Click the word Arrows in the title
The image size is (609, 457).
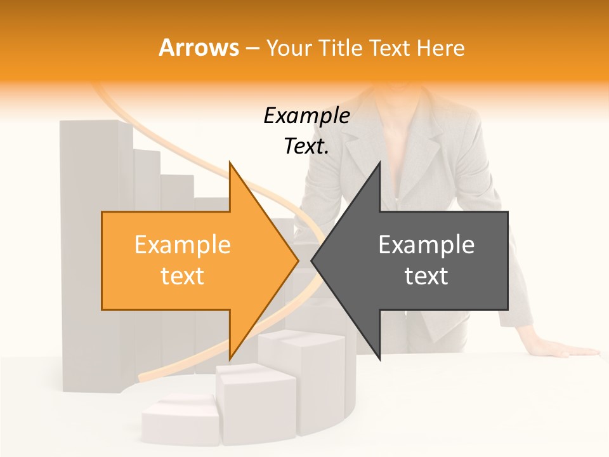click(199, 48)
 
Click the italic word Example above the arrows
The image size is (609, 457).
click(306, 116)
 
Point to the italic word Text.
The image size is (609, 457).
click(306, 147)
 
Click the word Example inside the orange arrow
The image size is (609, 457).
click(183, 245)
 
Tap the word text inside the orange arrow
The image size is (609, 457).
click(183, 276)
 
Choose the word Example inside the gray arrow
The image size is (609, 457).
click(426, 245)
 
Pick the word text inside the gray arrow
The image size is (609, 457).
click(426, 276)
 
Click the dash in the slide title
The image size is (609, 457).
click(252, 48)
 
